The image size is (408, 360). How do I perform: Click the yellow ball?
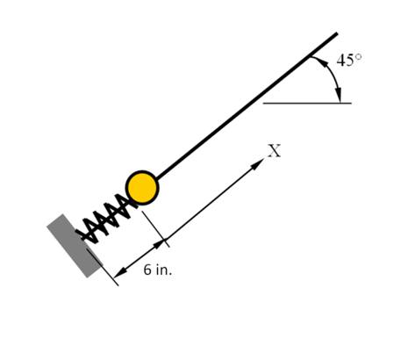coord(142,187)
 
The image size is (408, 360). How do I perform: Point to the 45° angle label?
coord(348,61)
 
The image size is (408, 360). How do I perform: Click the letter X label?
coord(275,151)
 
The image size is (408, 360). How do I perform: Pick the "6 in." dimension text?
coord(158,270)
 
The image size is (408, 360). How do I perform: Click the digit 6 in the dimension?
coord(147,270)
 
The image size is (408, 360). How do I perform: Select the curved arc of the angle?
coord(334,76)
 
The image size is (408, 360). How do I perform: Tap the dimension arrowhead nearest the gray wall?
coord(121,268)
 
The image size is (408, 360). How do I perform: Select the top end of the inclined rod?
coord(336,34)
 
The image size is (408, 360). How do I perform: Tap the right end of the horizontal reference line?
coord(350,103)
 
